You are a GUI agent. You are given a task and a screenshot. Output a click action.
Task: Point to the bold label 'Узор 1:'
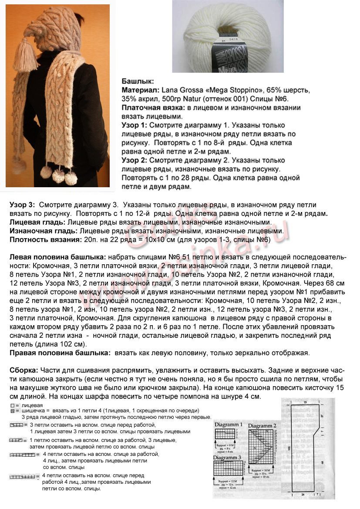coord(134,125)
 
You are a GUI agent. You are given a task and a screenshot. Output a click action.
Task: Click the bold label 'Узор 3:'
coord(22,204)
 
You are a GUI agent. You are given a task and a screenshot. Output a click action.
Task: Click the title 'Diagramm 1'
coord(229,424)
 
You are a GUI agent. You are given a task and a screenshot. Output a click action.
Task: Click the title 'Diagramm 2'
coord(262,425)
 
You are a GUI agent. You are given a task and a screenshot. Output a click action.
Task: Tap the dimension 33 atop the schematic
coord(305,403)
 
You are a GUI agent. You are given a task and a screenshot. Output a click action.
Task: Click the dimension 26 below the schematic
coord(302,495)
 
